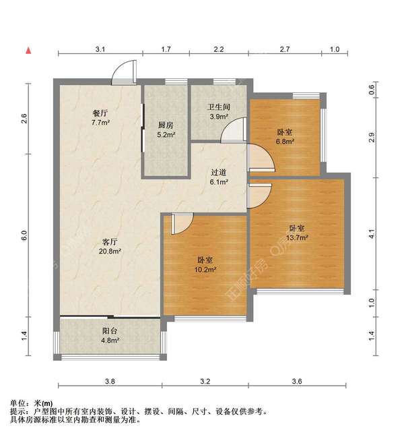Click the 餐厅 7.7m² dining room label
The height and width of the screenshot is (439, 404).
pos(102,119)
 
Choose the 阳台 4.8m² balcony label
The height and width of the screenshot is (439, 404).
pos(110,336)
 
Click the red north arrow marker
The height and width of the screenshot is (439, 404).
pos(28,50)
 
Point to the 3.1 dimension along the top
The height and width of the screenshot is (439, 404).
pos(100,49)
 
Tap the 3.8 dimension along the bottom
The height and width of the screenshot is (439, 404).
pos(110,382)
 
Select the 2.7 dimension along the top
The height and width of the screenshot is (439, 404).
pos(285,49)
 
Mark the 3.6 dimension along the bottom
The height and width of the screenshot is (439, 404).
pos(297,382)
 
